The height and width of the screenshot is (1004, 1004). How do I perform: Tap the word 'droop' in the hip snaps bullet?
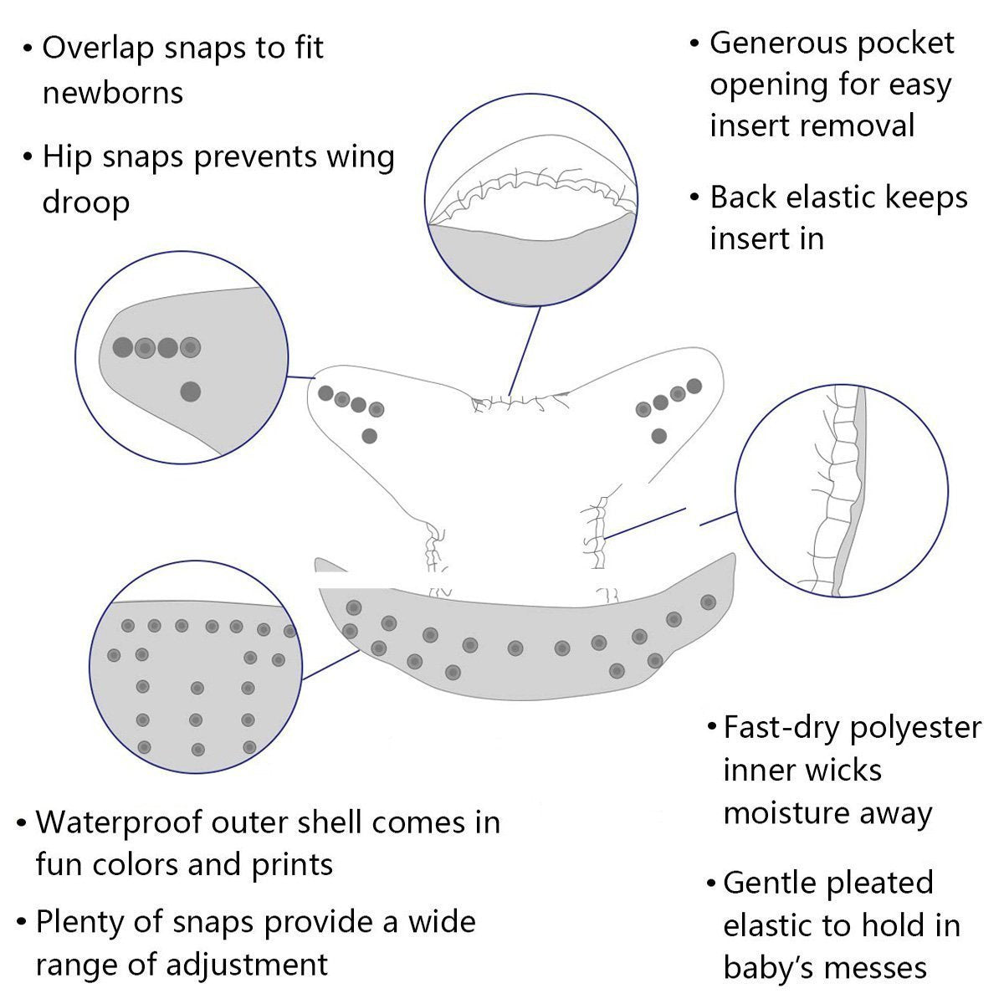click(x=85, y=202)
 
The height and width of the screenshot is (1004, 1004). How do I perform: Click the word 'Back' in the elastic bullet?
click(x=742, y=197)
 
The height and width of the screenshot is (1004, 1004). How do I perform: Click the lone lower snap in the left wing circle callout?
click(x=191, y=391)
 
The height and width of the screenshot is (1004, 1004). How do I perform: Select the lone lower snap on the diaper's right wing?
click(x=658, y=435)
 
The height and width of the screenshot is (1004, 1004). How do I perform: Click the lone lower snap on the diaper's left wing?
click(x=369, y=435)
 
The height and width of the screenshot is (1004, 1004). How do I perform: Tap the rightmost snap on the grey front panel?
click(x=708, y=602)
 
